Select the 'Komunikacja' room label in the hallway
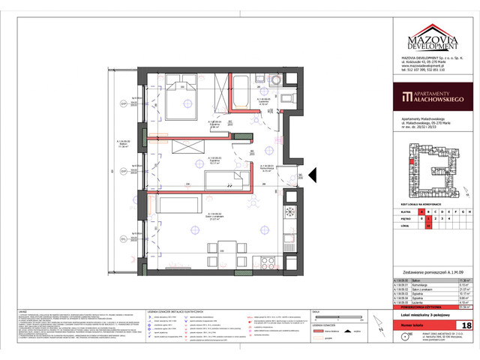(x=267, y=169)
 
